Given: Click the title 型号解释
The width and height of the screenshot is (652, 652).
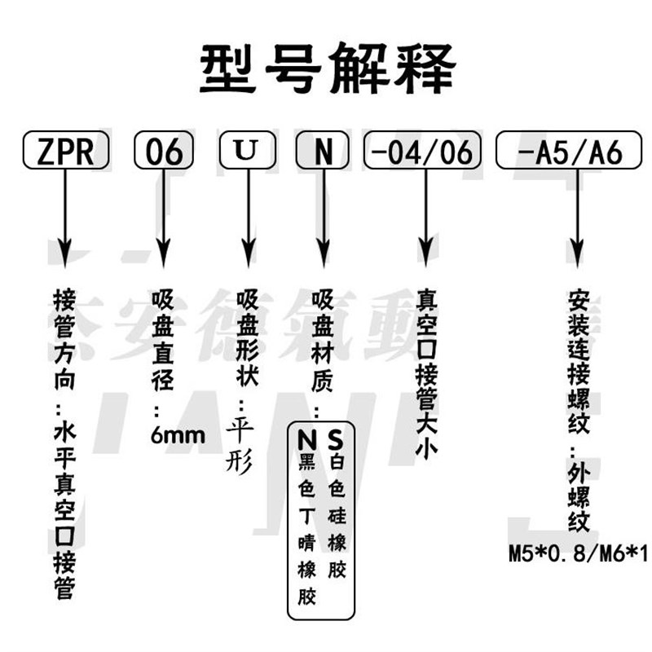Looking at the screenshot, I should click(326, 68).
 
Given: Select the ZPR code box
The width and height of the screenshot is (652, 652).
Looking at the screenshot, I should click(63, 151).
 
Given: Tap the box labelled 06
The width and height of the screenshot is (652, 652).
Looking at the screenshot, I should click(164, 151).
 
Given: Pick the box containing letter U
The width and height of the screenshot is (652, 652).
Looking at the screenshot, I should click(244, 151).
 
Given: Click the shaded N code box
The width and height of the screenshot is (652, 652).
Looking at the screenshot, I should click(324, 151).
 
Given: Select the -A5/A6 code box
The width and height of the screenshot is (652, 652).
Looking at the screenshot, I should click(570, 151).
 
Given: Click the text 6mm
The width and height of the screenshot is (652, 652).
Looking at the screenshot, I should click(178, 434).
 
